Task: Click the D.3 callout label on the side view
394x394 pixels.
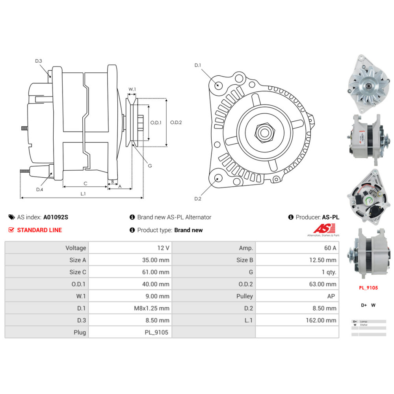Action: pos(38,61)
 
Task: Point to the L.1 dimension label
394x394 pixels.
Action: pos(83,193)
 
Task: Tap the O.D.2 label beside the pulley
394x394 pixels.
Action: pos(176,122)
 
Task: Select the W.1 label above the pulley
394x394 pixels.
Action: pos(132,89)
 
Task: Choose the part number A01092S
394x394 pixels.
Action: pos(56,217)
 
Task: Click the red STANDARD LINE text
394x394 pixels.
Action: pos(39,230)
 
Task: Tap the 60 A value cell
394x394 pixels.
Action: pos(329,248)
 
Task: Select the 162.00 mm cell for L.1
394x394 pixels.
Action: pos(321,320)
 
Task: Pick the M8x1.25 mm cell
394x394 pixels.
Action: pos(152,308)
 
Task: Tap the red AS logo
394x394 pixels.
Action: pos(324,228)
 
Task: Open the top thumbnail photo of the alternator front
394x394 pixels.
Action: pos(366,83)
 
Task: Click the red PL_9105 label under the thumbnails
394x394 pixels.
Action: pos(368,288)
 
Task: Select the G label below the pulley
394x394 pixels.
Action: pos(150,165)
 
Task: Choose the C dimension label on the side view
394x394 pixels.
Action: pos(85,183)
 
